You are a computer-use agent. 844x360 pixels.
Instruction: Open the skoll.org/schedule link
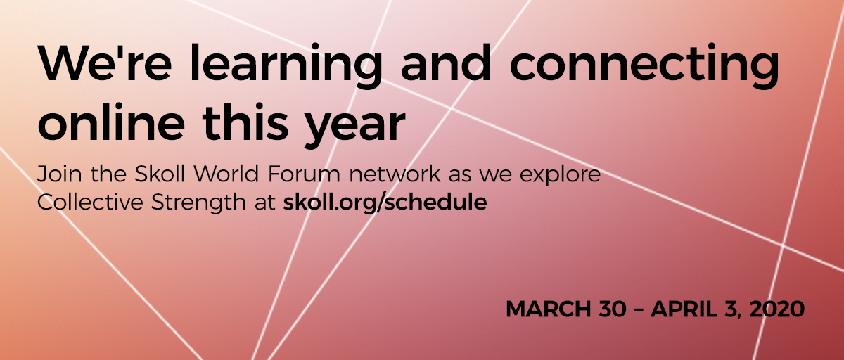pyautogui.click(x=385, y=203)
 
